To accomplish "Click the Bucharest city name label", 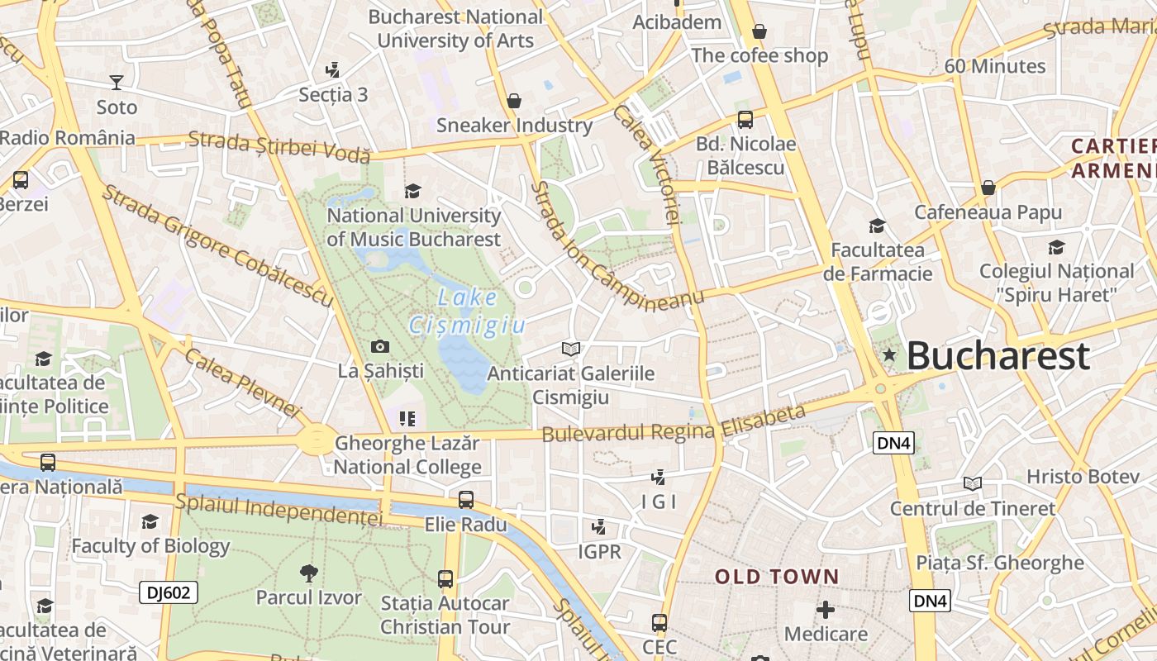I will click(x=997, y=356).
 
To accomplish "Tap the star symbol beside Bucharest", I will click(x=889, y=355).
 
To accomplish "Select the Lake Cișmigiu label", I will click(x=468, y=311).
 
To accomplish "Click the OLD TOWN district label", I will click(x=777, y=577).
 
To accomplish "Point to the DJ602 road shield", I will click(x=169, y=592).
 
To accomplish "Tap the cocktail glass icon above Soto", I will click(x=117, y=82).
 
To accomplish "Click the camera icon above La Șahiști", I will click(x=380, y=346).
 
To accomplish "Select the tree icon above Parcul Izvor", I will click(x=309, y=572).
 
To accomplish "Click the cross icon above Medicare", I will click(x=826, y=610).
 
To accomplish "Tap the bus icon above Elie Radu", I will click(x=466, y=500).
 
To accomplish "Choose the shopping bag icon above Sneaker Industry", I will click(x=514, y=101).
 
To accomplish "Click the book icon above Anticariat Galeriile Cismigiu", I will click(x=570, y=349).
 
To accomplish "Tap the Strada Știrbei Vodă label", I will click(x=279, y=147).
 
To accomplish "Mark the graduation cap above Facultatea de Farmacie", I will click(x=877, y=226).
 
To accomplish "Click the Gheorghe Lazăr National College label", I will click(x=407, y=455).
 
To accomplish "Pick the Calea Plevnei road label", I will click(x=243, y=382).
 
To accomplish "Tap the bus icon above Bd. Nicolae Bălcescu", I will click(x=745, y=120).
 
